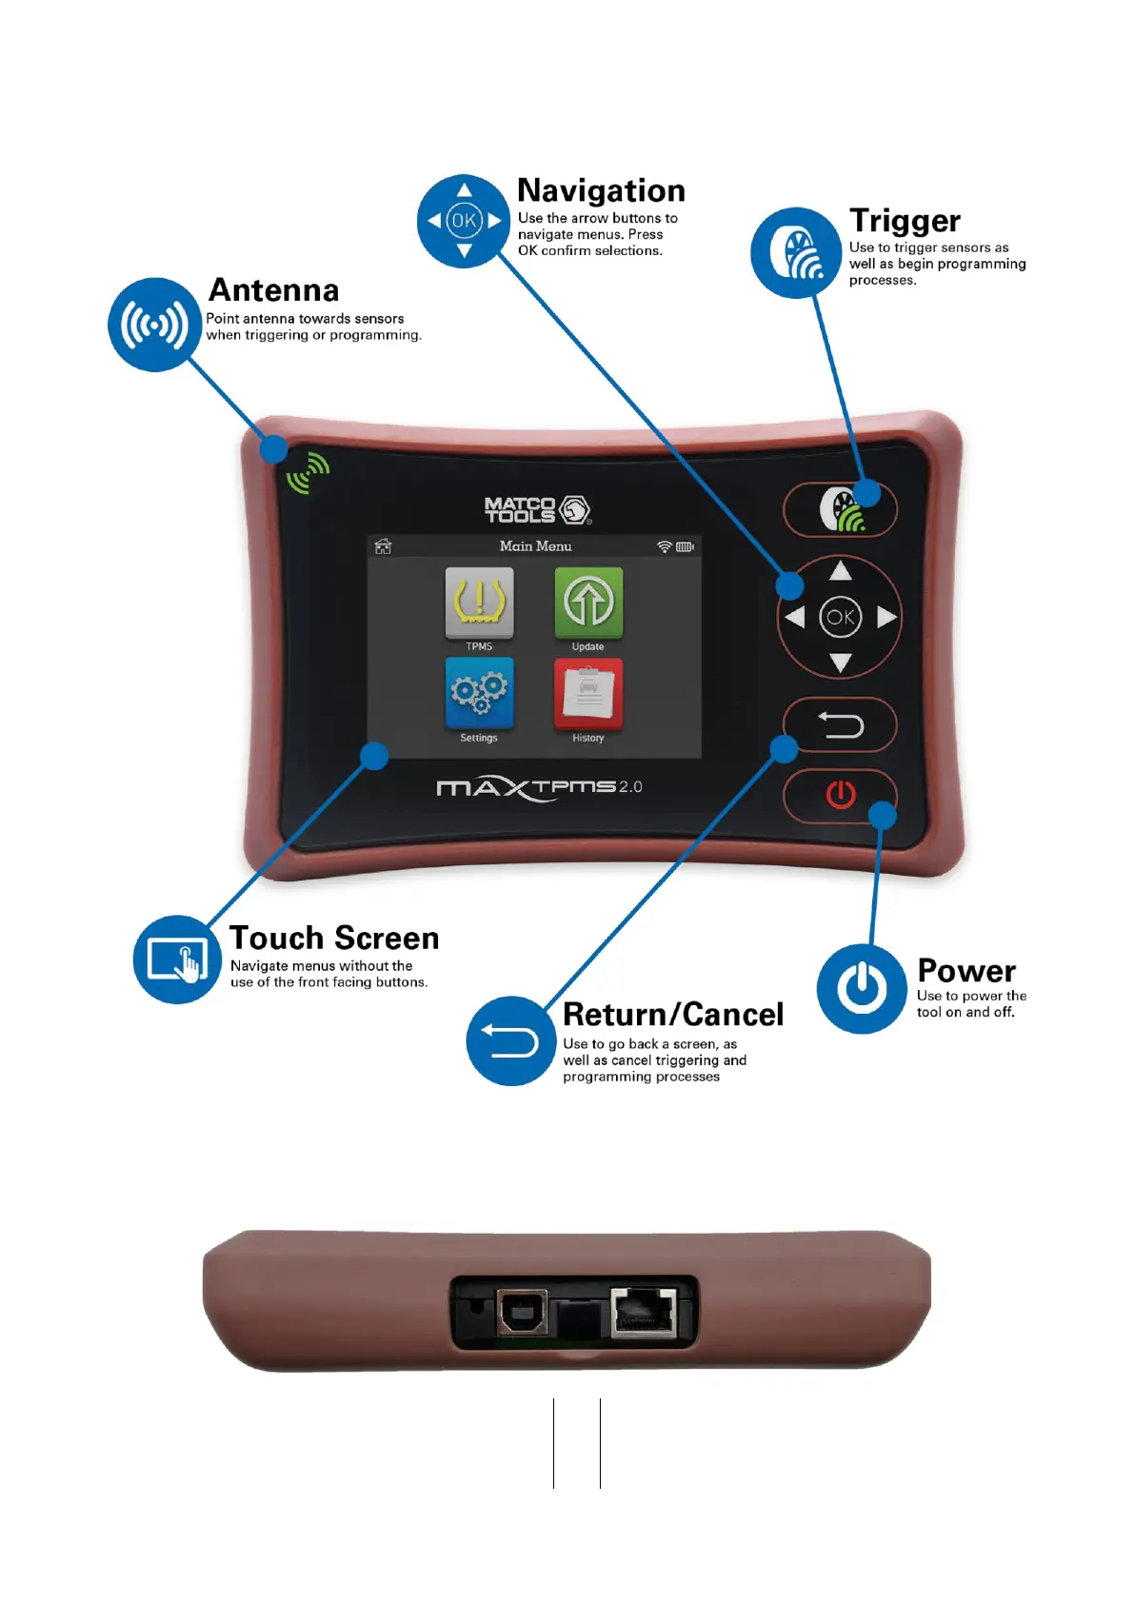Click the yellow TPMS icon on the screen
[479, 602]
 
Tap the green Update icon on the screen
[588, 602]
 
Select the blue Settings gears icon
[479, 692]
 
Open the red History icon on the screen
[588, 692]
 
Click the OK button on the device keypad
[840, 617]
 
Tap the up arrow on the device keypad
[840, 571]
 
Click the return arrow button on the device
[840, 726]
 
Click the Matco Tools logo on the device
[537, 510]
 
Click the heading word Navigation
[601, 190]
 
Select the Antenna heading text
[273, 289]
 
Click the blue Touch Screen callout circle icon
[178, 960]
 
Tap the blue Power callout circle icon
[862, 988]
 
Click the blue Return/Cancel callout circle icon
[511, 1040]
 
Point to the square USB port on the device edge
[522, 1314]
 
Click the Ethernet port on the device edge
[644, 1313]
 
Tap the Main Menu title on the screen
[535, 546]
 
